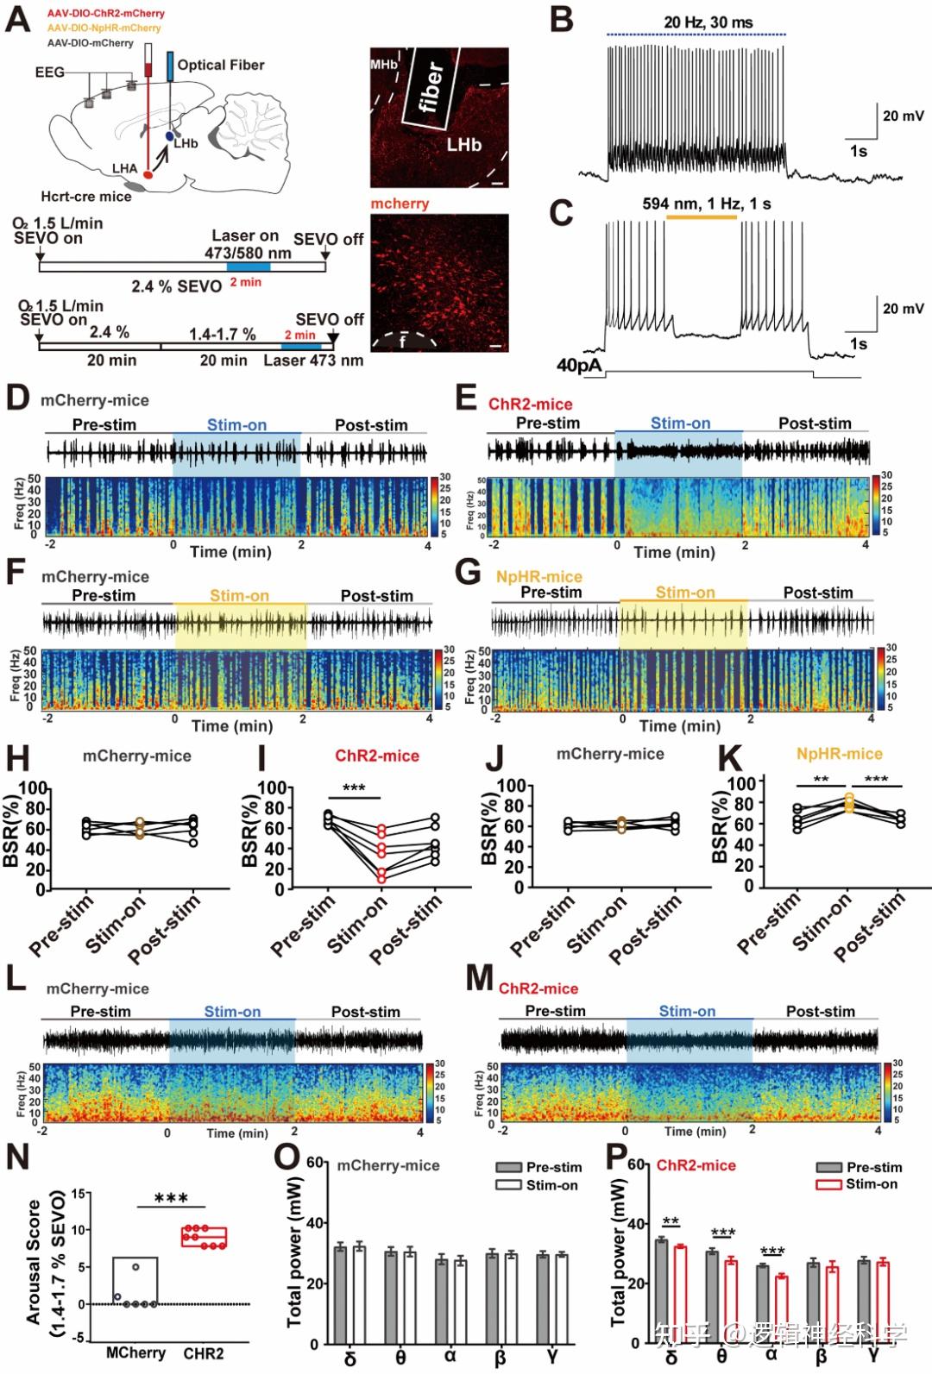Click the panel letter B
click(x=562, y=20)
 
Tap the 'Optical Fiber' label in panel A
click(x=220, y=65)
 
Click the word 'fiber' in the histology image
click(x=431, y=87)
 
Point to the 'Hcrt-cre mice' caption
click(x=86, y=197)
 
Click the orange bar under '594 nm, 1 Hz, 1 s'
click(x=702, y=217)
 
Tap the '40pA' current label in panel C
click(x=579, y=365)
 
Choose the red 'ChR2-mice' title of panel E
click(x=530, y=404)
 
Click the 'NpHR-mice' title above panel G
click(x=538, y=576)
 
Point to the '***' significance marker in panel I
click(x=354, y=788)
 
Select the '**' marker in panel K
click(x=821, y=780)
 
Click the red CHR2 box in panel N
click(x=204, y=1238)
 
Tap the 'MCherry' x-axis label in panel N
click(x=135, y=1352)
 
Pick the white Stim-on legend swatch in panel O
click(x=509, y=1185)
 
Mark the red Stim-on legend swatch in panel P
click(x=828, y=1184)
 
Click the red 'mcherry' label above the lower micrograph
click(x=400, y=204)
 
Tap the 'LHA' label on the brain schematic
click(x=124, y=168)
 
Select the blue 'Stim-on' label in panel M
click(x=687, y=1011)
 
